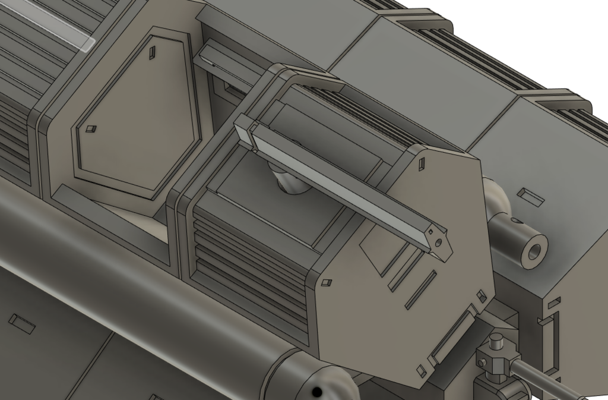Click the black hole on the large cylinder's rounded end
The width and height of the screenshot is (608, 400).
tap(318, 390)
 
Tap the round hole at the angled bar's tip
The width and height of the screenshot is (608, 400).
tap(438, 242)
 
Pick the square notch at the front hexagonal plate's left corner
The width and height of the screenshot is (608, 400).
tap(325, 283)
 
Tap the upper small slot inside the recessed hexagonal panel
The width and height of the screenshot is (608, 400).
tap(153, 53)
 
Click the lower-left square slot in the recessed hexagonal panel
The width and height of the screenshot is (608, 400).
tap(91, 129)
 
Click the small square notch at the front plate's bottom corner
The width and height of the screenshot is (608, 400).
tap(422, 371)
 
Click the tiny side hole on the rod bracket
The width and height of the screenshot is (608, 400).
tap(482, 361)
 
